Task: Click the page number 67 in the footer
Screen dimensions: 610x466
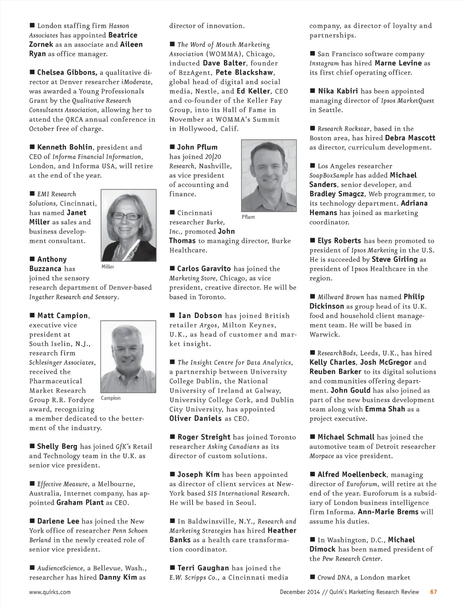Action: [x=433, y=592]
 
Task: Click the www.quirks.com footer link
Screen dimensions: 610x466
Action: [x=50, y=592]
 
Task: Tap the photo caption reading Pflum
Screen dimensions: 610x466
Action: [x=248, y=217]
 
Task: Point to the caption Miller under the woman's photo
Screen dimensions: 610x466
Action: [x=108, y=267]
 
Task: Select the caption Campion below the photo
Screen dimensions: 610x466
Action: [x=111, y=398]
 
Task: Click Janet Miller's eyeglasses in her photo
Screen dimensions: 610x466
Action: [x=126, y=216]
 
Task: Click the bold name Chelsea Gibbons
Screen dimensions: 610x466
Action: [x=67, y=72]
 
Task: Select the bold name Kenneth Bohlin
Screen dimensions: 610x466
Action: [x=65, y=147]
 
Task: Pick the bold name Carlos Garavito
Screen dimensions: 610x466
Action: [x=204, y=269]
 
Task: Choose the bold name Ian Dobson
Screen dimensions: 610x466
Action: [x=200, y=315]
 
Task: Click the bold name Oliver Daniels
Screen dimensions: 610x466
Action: [x=196, y=418]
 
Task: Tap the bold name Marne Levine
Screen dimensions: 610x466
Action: [x=398, y=63]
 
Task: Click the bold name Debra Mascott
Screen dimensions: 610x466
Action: [x=410, y=138]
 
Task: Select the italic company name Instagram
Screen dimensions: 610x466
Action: [x=324, y=63]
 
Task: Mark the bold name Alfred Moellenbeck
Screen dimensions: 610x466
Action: [x=352, y=474]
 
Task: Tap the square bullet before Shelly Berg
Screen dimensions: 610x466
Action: [x=32, y=446]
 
